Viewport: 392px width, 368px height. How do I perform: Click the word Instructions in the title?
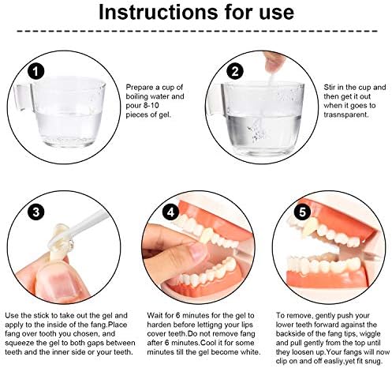pos(158,12)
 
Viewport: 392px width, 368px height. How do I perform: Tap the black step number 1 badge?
pos(35,71)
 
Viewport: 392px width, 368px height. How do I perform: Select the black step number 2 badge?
pos(235,71)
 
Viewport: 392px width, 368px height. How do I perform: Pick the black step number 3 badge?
pos(36,212)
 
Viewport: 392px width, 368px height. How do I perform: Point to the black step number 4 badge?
pos(171,212)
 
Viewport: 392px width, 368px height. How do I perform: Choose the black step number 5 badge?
pos(302,212)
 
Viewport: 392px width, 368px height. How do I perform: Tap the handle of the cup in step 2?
pos(215,100)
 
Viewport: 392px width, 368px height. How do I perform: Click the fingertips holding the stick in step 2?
pos(274,62)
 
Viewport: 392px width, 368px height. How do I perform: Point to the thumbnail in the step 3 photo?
pos(56,283)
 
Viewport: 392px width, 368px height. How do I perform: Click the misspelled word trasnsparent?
pos(345,115)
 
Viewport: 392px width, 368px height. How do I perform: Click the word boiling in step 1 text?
pos(136,96)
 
